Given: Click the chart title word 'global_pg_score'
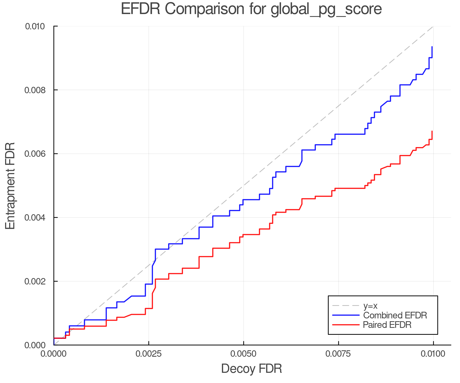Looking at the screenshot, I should (326, 9).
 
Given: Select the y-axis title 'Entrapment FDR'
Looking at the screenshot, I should (10, 186).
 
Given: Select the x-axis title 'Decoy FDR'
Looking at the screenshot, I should (251, 369).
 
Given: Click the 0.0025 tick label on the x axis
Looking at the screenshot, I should (149, 354).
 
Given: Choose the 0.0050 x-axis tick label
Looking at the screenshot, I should (244, 354).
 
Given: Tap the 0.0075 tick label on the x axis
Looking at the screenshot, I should (338, 354).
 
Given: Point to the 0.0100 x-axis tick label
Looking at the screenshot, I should (433, 354).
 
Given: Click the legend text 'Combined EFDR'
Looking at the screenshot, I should (395, 315).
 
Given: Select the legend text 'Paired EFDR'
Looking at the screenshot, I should (387, 325).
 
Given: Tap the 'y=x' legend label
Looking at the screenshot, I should (370, 306).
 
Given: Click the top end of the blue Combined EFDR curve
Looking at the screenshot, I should (432, 47).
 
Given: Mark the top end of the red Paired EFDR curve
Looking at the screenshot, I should (432, 131).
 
